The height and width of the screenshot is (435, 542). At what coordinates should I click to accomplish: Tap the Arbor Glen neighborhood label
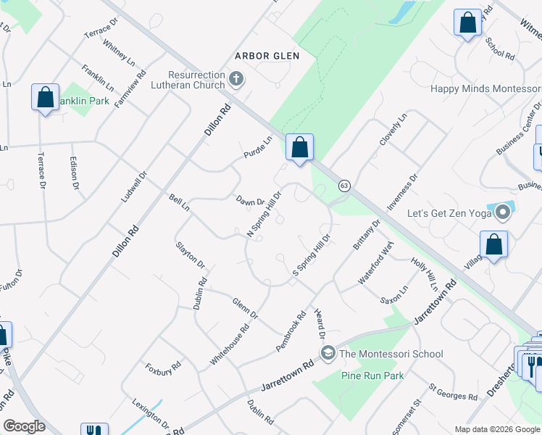[x=267, y=56]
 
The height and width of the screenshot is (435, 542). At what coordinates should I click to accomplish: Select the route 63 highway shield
[x=344, y=186]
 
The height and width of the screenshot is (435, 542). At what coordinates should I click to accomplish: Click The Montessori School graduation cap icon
[x=328, y=354]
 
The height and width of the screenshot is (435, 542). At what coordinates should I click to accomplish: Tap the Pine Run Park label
[x=372, y=376]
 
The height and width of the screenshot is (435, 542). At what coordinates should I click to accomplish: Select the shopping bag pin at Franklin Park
[x=45, y=97]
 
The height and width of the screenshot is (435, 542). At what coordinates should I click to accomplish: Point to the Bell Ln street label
[x=178, y=203]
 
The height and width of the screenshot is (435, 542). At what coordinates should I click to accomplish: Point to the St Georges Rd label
[x=453, y=392]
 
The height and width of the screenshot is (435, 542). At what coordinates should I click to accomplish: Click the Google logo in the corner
[x=24, y=426]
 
